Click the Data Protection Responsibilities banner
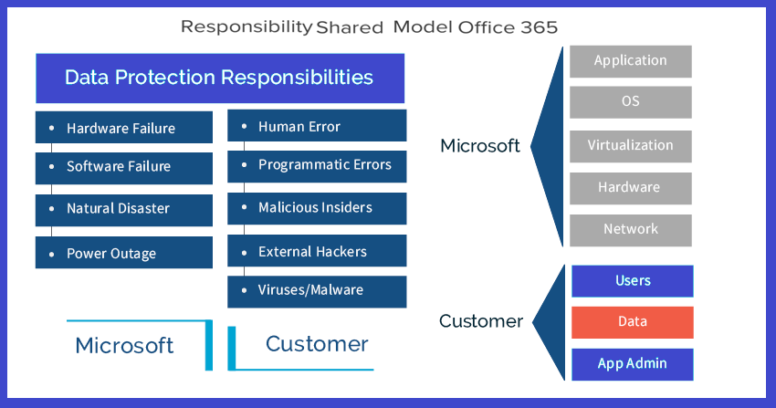pos(219,78)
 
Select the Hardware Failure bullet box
pos(123,128)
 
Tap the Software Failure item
pos(123,167)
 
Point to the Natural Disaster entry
pos(123,209)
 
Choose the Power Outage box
pos(123,253)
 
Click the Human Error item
pos(317,126)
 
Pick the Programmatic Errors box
pos(317,165)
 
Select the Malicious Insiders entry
pos(317,208)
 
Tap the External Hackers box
pos(317,251)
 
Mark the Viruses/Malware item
pos(317,290)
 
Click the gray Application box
pos(630,61)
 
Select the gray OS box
pos(630,102)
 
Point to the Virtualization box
pos(630,145)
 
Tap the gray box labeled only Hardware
pos(630,187)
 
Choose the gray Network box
pos(630,229)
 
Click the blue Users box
pos(632,280)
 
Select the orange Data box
pos(632,321)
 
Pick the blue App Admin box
pos(632,363)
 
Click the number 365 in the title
pos(534,27)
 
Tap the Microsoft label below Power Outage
pos(124,345)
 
